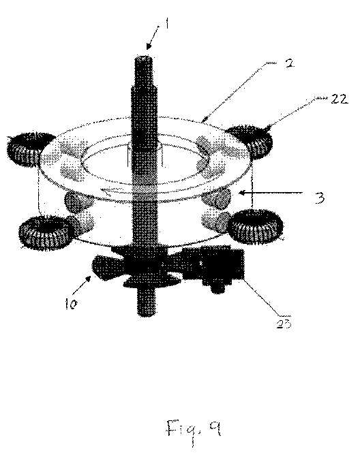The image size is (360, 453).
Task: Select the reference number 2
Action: point(289,63)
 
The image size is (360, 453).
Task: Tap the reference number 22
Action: point(340,99)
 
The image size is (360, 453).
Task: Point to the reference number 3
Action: point(319,198)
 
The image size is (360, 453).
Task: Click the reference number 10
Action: point(72,304)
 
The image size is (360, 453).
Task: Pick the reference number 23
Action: point(284,324)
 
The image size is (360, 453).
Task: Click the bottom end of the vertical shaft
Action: point(147,315)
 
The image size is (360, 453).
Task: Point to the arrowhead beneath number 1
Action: point(149,46)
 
